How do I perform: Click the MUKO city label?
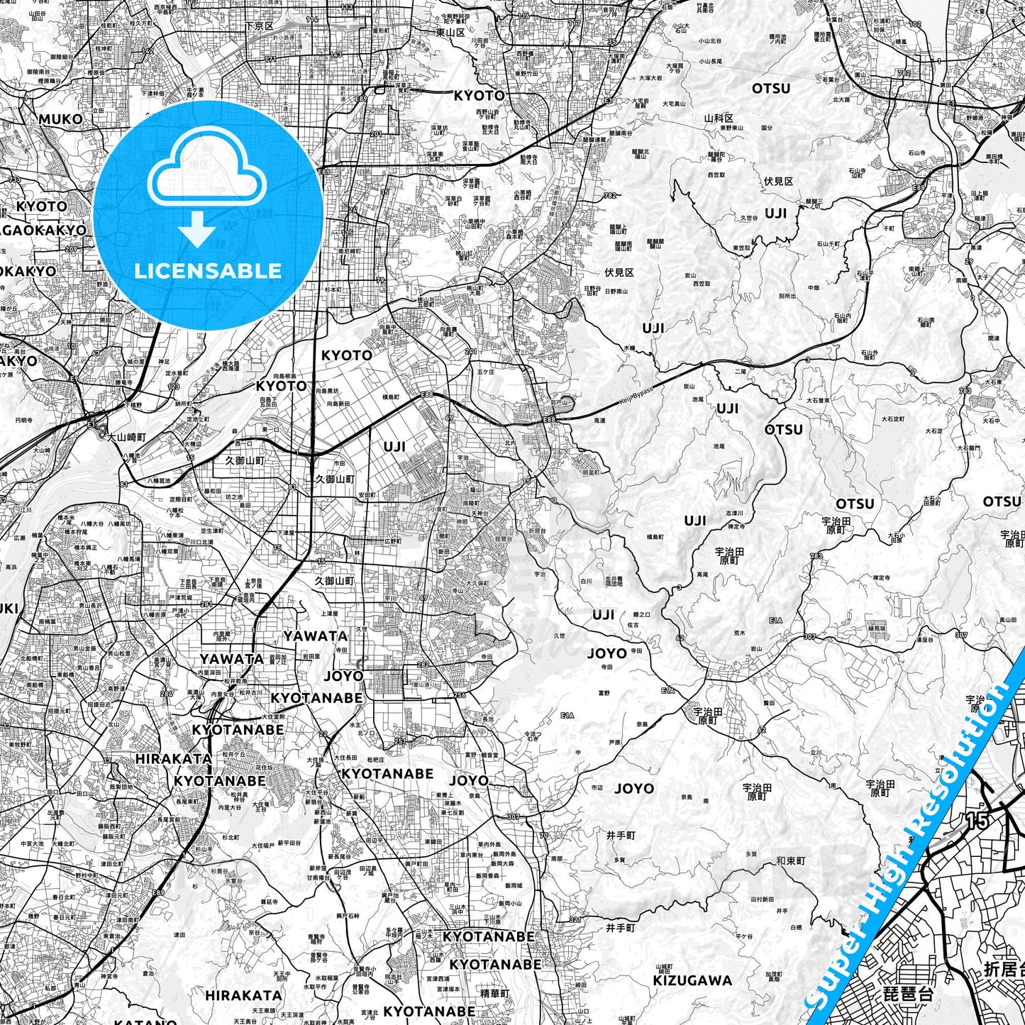point(60,119)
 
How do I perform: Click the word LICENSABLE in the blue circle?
point(208,270)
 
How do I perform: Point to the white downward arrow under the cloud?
point(197,232)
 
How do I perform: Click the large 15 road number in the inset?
point(977,821)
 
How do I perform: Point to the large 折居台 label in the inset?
point(1004,968)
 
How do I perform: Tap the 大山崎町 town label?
point(127,437)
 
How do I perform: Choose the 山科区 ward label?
point(718,118)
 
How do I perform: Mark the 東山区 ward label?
point(450,33)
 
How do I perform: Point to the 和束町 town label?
point(790,861)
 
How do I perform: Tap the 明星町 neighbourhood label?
point(591,472)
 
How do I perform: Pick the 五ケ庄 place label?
point(485,371)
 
